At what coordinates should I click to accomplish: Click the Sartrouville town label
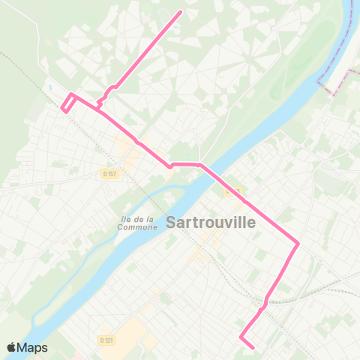tap(211, 223)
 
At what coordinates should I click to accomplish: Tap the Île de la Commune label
tap(136, 223)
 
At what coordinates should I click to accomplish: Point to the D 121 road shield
tap(106, 340)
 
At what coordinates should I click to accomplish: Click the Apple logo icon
tap(10, 347)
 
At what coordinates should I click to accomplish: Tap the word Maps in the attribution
tap(32, 347)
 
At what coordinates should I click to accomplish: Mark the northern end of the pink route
tap(181, 12)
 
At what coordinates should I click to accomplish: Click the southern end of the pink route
tap(253, 347)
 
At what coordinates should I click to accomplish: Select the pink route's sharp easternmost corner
tap(298, 243)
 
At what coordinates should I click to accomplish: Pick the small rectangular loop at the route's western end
tap(67, 103)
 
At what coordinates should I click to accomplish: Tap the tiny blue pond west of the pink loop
tap(50, 87)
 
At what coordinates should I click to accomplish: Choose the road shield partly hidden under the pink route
tap(233, 190)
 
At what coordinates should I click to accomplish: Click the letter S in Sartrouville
tap(171, 223)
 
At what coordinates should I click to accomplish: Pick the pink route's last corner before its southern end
tap(241, 337)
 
